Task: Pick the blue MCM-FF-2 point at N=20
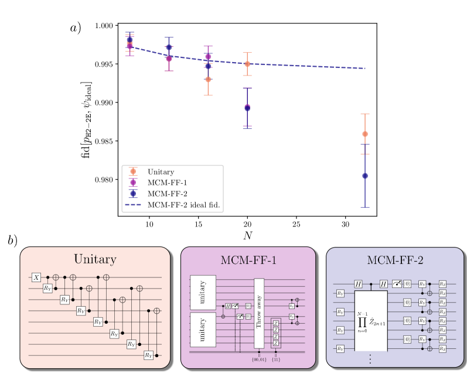click(247, 108)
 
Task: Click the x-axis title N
click(248, 235)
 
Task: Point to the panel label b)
click(13, 241)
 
